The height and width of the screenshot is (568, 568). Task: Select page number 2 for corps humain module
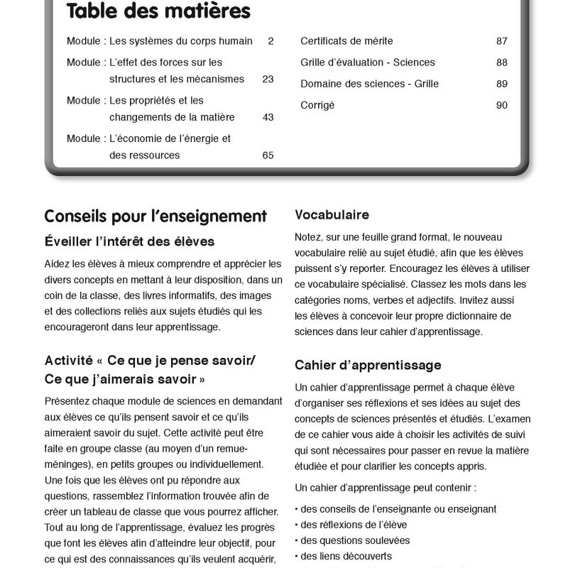pos(271,41)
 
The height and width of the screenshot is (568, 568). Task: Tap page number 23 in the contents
pos(268,79)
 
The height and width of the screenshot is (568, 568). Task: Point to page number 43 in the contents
pos(268,117)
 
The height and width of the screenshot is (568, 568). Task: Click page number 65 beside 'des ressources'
pos(268,155)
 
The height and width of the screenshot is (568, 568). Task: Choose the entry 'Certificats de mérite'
pos(346,41)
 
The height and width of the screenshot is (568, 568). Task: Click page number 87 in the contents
pos(502,41)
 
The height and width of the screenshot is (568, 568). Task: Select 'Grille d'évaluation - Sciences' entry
pos(368,62)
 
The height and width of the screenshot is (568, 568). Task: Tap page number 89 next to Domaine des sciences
pos(502,84)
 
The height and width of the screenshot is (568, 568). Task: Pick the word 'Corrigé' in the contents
pos(317,105)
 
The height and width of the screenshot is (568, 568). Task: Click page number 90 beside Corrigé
pos(502,105)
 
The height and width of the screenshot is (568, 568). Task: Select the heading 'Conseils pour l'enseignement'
pos(155,216)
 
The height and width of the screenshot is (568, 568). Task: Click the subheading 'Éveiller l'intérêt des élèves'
pos(129,241)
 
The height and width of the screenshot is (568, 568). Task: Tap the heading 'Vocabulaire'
pos(332,214)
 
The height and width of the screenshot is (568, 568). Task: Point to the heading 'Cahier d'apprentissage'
pos(367,365)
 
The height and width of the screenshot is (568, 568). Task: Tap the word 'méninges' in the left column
pos(66,465)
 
